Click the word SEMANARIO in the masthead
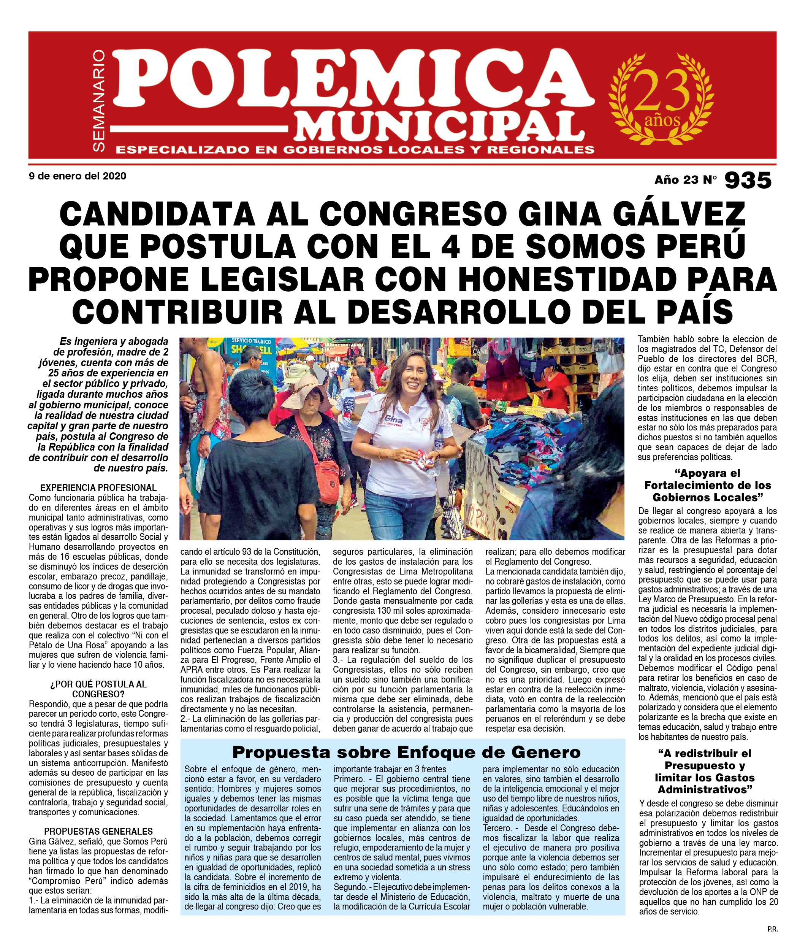[99, 101]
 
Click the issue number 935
[748, 180]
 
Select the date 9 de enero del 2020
[78, 176]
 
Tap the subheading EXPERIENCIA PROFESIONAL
[98, 487]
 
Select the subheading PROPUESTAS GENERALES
[98, 832]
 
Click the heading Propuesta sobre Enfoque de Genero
[406, 752]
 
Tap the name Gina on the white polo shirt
[393, 418]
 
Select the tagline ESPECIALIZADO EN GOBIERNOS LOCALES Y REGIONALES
[355, 150]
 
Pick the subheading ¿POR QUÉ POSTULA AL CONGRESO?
[98, 689]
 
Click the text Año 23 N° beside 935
[685, 180]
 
